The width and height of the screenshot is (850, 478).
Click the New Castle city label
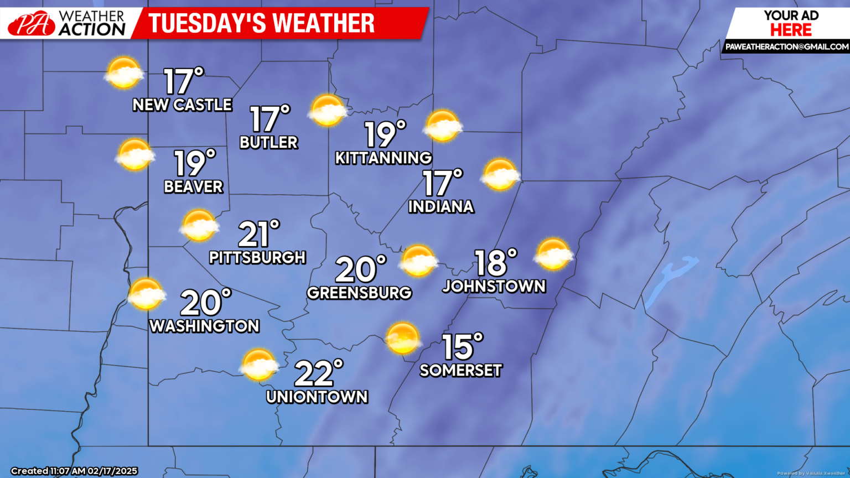coord(182,105)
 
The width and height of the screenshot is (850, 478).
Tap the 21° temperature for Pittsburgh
coord(258,234)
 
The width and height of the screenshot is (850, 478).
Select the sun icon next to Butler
coord(328,110)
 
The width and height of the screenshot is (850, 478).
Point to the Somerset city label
coord(460,370)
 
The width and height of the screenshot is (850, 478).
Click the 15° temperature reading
coord(462,347)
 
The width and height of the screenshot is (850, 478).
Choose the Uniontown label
coord(317,397)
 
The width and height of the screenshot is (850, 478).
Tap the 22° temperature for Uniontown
coord(318,373)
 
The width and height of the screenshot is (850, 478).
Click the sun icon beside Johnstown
coord(553,254)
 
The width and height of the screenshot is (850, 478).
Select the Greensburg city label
coord(359,293)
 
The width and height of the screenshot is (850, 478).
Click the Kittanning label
coord(383,158)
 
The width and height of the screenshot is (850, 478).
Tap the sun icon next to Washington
coord(146,294)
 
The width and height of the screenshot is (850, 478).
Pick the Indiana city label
coord(441,206)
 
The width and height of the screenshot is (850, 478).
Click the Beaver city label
coord(193,186)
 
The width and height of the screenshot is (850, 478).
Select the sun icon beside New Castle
coord(123,72)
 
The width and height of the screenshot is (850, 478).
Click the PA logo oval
coord(31,24)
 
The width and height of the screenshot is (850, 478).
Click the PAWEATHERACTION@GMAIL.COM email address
coord(786,47)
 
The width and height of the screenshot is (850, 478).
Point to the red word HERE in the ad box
coord(791,30)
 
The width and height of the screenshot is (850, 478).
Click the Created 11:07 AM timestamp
coord(74,471)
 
